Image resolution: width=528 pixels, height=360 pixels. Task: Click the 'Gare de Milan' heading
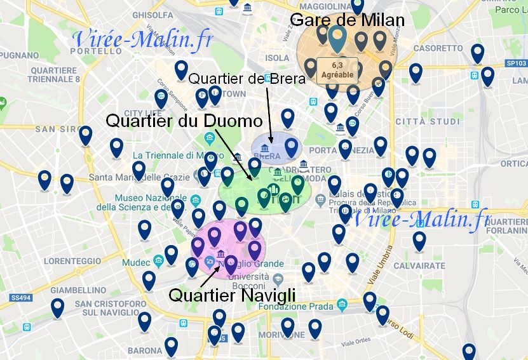(x=346, y=20)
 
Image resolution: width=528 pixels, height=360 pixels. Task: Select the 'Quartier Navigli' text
(x=232, y=295)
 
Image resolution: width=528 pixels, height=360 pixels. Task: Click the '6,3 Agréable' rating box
(x=336, y=69)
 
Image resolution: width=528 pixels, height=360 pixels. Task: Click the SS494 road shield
(x=21, y=297)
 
